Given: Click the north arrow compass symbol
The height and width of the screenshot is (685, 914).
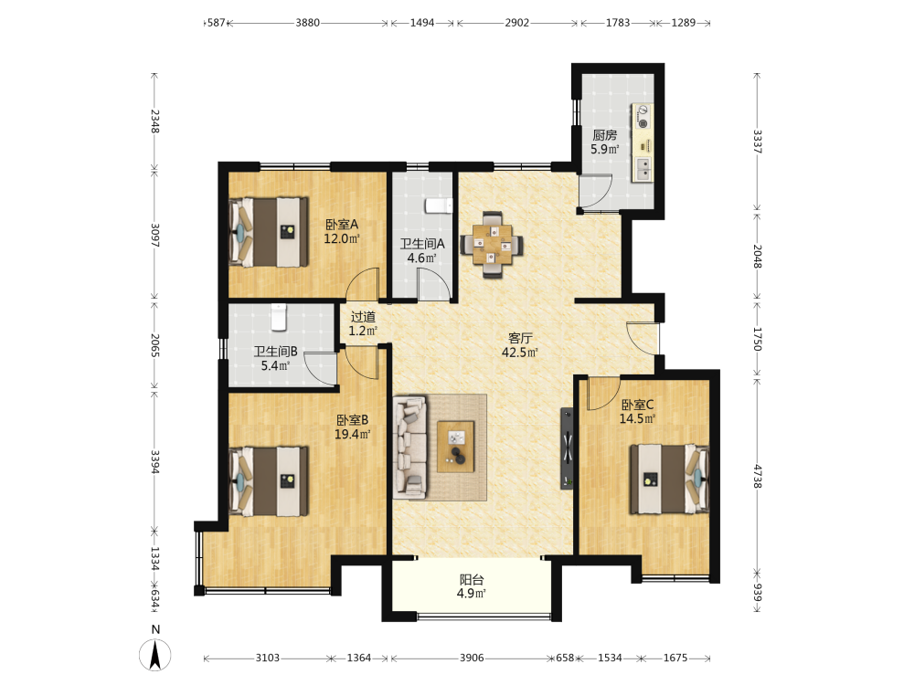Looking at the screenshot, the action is click(155, 655).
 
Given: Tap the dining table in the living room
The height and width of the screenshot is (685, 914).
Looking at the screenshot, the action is click(492, 244).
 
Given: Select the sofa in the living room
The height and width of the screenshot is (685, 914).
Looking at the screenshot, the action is click(409, 448).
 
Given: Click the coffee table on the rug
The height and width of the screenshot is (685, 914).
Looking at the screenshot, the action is click(455, 447).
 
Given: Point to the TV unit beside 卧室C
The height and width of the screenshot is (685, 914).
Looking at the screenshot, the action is click(567, 448).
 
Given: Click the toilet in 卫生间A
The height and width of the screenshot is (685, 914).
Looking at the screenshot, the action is click(439, 205).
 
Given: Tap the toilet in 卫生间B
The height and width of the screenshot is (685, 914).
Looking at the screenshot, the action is click(279, 317).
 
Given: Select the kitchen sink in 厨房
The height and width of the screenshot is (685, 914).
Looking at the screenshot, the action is click(643, 169).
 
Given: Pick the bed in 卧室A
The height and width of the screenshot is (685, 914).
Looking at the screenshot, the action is click(269, 232).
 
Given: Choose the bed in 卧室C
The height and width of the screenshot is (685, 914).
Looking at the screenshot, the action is click(669, 479).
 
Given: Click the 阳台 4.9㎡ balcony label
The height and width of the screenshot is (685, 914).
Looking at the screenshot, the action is click(472, 586).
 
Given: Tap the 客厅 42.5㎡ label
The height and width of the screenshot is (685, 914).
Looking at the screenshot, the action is click(519, 345).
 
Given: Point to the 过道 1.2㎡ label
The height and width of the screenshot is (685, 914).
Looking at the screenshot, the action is click(363, 324).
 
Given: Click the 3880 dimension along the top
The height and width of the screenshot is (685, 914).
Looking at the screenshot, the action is click(307, 23).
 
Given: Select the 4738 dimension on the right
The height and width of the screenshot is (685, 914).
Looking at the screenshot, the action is click(757, 476).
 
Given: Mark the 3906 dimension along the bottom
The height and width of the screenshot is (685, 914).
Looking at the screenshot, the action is click(472, 658).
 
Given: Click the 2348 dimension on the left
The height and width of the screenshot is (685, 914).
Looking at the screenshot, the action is click(155, 121).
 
